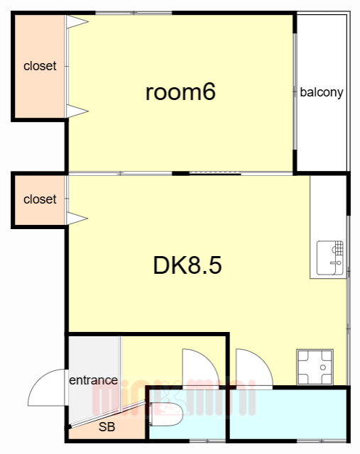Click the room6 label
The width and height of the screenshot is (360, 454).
coord(180,92)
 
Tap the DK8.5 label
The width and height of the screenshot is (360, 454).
coord(187,265)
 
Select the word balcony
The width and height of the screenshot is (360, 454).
coord(322,92)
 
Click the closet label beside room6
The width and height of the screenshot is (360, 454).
coord(40,66)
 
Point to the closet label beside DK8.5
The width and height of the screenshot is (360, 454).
coord(40,199)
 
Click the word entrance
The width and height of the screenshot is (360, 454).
coord(93,380)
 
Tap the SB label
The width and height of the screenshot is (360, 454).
coord(107,427)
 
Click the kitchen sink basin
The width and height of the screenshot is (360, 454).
coord(330,258)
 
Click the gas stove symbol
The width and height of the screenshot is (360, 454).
coord(315,367)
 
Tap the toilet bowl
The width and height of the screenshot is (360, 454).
coord(167,414)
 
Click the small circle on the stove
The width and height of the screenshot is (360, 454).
coord(323,367)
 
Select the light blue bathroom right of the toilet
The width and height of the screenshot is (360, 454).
coord(288,414)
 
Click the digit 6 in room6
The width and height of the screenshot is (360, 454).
coord(209,92)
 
